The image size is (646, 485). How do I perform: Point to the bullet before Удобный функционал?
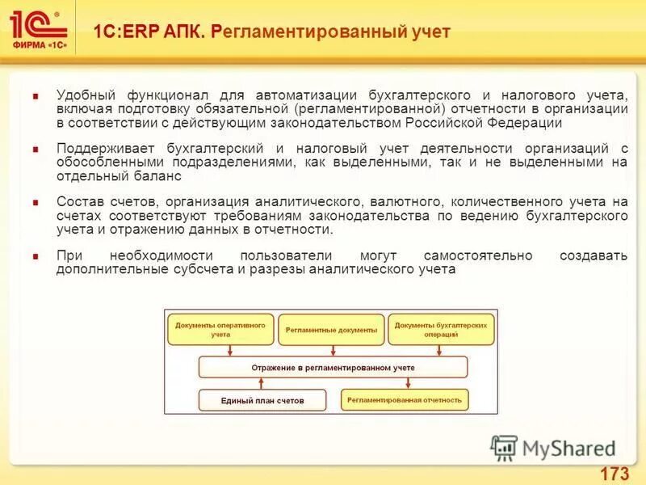pos(36,95)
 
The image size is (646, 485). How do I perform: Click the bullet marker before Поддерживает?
pos(36,150)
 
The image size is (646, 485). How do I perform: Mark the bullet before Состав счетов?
pos(36,202)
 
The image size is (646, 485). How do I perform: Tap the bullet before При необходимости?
pos(36,256)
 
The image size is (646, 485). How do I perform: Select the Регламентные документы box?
pos(331,331)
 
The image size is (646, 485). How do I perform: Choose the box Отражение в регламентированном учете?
pos(333,367)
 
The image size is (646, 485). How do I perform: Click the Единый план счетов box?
pos(262,400)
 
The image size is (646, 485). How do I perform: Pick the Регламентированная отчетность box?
pos(405,399)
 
